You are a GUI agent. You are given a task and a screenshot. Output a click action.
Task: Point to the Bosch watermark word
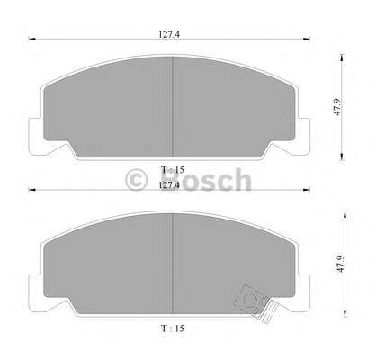click(213, 181)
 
